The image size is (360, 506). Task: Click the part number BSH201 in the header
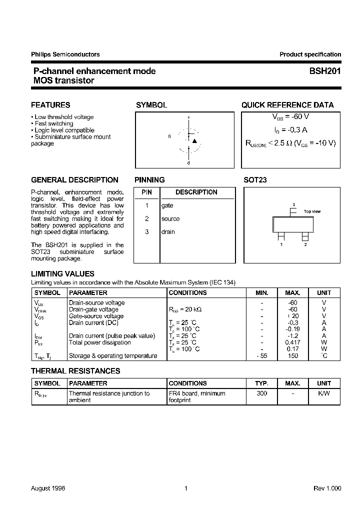coord(325,71)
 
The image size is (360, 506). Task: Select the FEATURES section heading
coord(50,105)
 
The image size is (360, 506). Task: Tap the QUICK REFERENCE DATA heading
coord(287,105)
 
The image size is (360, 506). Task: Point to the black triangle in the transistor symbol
coord(194,141)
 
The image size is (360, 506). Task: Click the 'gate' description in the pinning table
coord(167,205)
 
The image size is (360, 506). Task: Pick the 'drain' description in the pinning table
coord(168,232)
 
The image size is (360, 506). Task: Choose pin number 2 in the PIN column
coord(146,219)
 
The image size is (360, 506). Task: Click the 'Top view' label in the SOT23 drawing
coord(312,211)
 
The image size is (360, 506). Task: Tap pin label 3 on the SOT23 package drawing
coord(293,204)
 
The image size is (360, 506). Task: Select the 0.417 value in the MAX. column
coord(292,342)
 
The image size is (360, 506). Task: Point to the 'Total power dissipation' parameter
coord(99,342)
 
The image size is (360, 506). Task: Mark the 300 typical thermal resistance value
coord(261,393)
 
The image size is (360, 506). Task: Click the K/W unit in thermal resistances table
coord(323,393)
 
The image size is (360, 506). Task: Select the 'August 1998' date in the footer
coord(48,488)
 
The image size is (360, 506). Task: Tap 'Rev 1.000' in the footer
coord(327,488)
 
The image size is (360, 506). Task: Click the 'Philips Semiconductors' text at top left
coord(65,54)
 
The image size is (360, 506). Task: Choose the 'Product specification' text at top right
coord(310,54)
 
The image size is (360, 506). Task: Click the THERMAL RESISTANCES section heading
coord(75,371)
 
